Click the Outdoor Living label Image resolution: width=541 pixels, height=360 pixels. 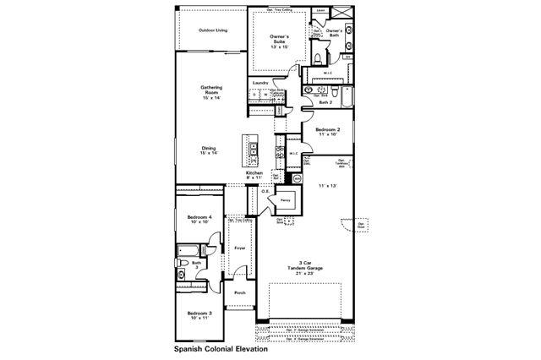(x=213, y=30)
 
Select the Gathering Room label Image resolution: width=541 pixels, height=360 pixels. (x=211, y=90)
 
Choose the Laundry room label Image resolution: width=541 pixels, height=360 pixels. (x=260, y=82)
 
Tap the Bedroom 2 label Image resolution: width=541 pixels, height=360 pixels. (x=328, y=131)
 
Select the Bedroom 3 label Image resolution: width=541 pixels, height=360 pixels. (x=199, y=315)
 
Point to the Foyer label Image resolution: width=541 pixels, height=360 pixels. (x=240, y=248)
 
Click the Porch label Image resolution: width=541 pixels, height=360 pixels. (x=240, y=292)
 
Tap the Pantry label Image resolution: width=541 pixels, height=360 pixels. (x=287, y=200)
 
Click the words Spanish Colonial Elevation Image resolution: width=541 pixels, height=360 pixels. (x=221, y=348)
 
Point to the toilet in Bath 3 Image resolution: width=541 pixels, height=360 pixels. (x=183, y=275)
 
